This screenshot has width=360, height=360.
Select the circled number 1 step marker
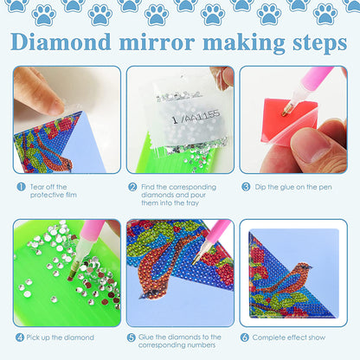(x=19, y=186)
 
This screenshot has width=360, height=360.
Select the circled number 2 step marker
(x=132, y=186)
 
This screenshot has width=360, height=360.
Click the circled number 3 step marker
(x=246, y=186)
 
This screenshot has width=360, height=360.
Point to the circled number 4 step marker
(x=19, y=337)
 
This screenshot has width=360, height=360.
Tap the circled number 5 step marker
(x=132, y=337)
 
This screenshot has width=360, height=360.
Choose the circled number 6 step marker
(x=246, y=337)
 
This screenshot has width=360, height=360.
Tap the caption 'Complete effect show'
(x=290, y=337)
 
